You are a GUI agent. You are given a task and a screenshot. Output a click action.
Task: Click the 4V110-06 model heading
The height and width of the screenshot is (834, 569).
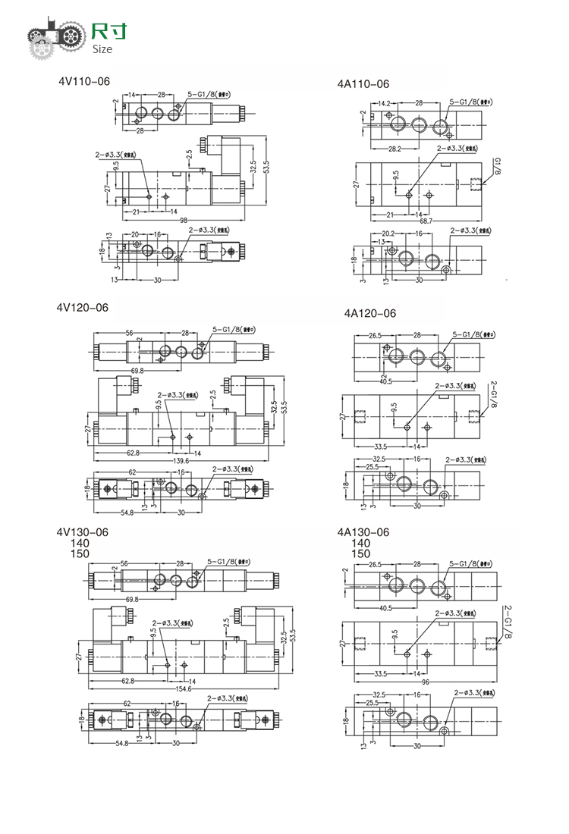[83, 80]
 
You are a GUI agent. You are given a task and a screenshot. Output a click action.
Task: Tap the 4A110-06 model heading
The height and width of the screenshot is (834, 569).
[363, 84]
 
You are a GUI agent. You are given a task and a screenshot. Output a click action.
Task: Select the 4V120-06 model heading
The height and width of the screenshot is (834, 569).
[83, 307]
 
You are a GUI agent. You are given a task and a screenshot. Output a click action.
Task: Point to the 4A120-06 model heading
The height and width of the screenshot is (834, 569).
[370, 312]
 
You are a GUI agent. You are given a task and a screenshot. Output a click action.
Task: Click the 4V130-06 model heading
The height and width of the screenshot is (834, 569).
[83, 532]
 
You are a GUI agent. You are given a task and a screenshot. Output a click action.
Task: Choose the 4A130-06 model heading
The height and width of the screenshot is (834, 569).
[363, 532]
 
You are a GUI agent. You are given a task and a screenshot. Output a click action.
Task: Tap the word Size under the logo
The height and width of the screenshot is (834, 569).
[102, 49]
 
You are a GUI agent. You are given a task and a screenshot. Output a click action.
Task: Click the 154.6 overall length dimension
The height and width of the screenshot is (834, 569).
[183, 689]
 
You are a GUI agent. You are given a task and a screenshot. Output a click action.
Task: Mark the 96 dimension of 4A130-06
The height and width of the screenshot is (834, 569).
[426, 682]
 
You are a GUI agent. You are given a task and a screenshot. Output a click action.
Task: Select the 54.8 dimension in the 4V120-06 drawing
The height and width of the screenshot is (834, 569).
[126, 513]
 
